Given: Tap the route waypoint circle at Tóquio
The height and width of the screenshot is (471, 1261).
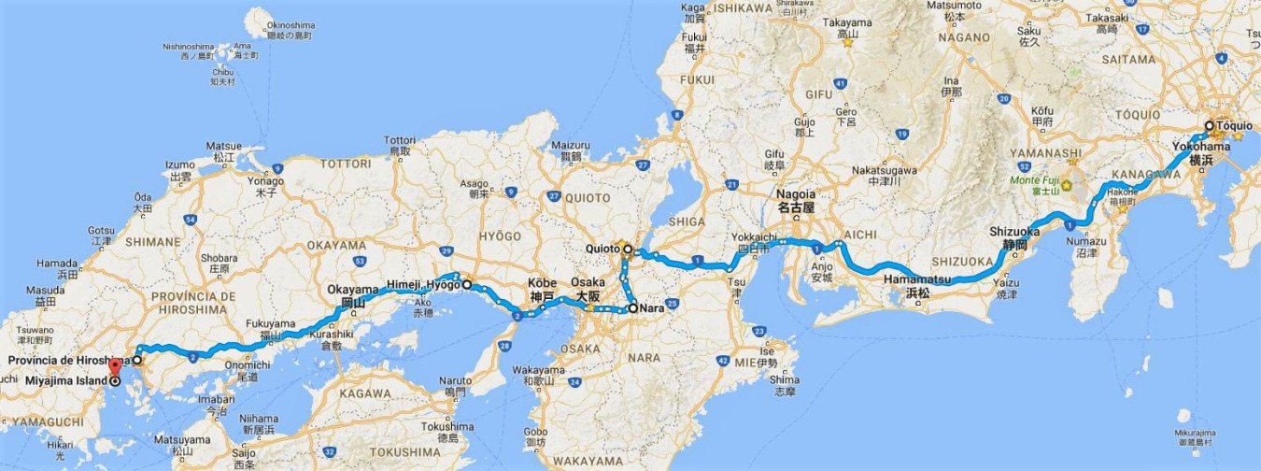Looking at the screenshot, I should click(x=1208, y=125).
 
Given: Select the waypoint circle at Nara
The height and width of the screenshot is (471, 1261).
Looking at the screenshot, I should click(x=631, y=307).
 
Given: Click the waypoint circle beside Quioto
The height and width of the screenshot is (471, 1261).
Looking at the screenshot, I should click(x=627, y=250).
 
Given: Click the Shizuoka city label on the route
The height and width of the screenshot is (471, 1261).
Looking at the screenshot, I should click(x=1014, y=232).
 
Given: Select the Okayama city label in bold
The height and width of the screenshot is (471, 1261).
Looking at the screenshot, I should click(x=351, y=290).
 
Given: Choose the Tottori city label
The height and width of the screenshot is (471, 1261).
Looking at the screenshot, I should click(x=399, y=139).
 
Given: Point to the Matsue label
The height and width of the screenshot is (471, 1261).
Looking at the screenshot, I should click(x=223, y=147).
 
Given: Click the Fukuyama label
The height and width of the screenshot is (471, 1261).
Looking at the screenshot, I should click(x=264, y=323).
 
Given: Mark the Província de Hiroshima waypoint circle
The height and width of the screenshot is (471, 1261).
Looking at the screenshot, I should click(x=136, y=359).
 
